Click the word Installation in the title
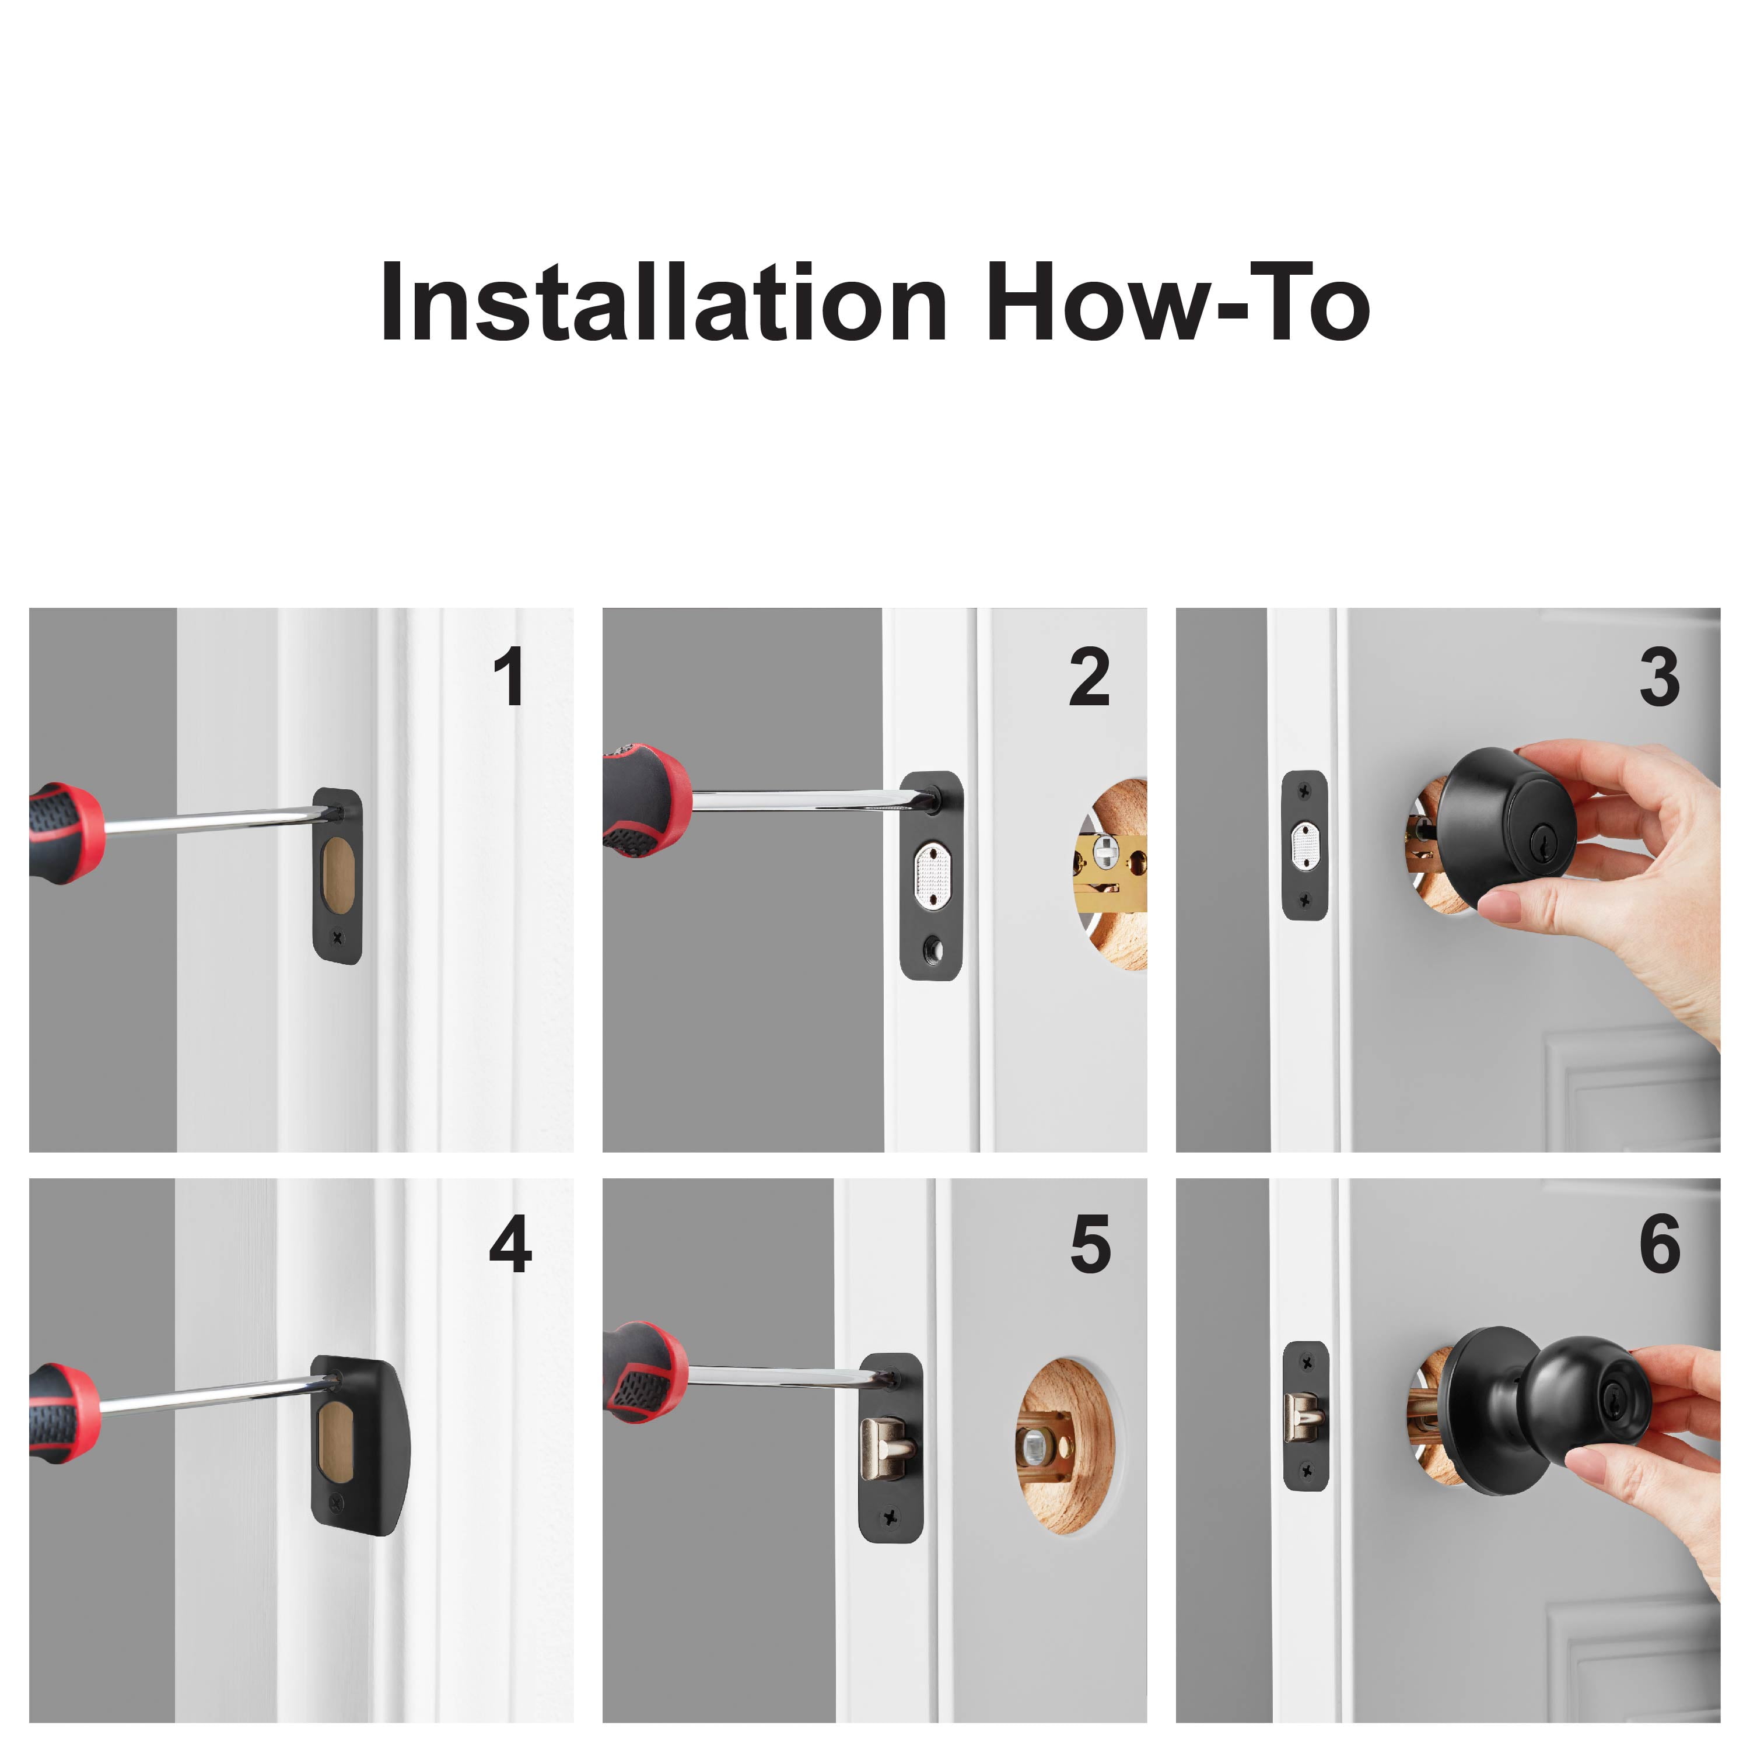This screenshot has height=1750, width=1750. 664,303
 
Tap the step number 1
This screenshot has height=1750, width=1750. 510,677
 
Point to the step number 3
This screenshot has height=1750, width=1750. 1660,677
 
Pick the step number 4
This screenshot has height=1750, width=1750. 510,1244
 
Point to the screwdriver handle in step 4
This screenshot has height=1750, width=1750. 64,1413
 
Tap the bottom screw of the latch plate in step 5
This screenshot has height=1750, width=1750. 890,1515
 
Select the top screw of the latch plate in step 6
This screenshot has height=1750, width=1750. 1306,1361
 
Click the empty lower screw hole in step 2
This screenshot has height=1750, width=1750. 930,949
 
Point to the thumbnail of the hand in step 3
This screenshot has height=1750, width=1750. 1499,905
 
